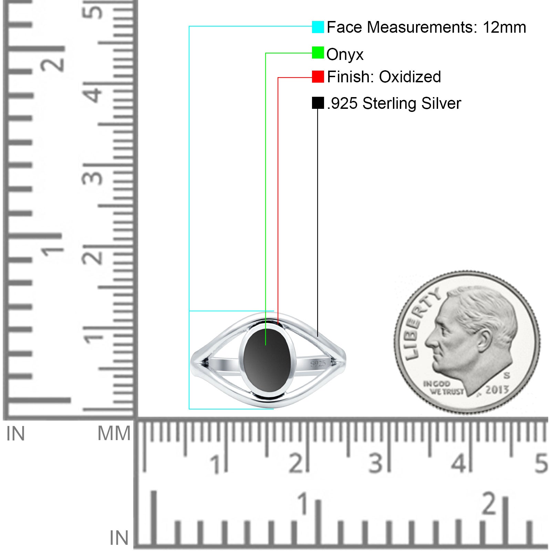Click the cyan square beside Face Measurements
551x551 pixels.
tap(318, 27)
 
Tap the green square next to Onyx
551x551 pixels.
tap(318, 53)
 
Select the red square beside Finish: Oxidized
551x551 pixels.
tap(318, 76)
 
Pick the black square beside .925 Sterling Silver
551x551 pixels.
tap(318, 103)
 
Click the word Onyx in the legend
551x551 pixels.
tap(345, 54)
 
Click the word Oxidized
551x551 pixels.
tap(410, 77)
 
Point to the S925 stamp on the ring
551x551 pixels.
tap(318, 364)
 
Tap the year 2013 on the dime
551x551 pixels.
tap(497, 389)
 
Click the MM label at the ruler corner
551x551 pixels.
tap(114, 433)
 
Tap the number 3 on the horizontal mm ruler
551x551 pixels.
tap(376, 463)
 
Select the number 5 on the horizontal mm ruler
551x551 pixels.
tap(541, 463)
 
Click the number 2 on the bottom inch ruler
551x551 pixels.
tap(489, 503)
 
